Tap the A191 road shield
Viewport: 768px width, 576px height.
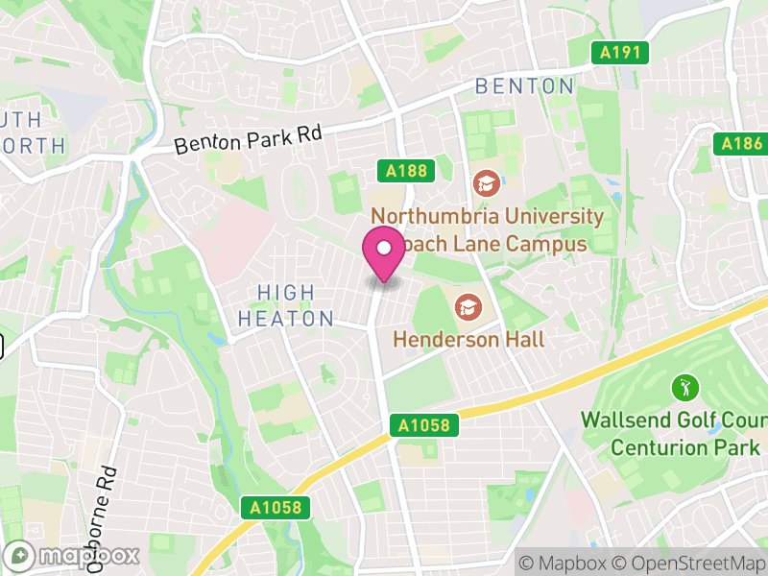point(620,53)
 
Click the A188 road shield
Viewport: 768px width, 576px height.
point(406,171)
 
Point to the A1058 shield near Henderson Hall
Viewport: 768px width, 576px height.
point(425,424)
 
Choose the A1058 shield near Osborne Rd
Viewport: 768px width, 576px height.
point(276,508)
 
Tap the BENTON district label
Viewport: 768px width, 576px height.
point(525,86)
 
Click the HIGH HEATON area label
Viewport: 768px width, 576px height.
point(285,305)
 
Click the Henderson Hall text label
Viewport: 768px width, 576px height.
point(469,339)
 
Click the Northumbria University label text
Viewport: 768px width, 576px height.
point(487,216)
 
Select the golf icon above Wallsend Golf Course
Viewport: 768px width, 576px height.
point(685,389)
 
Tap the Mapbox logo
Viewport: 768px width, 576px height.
point(73,555)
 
